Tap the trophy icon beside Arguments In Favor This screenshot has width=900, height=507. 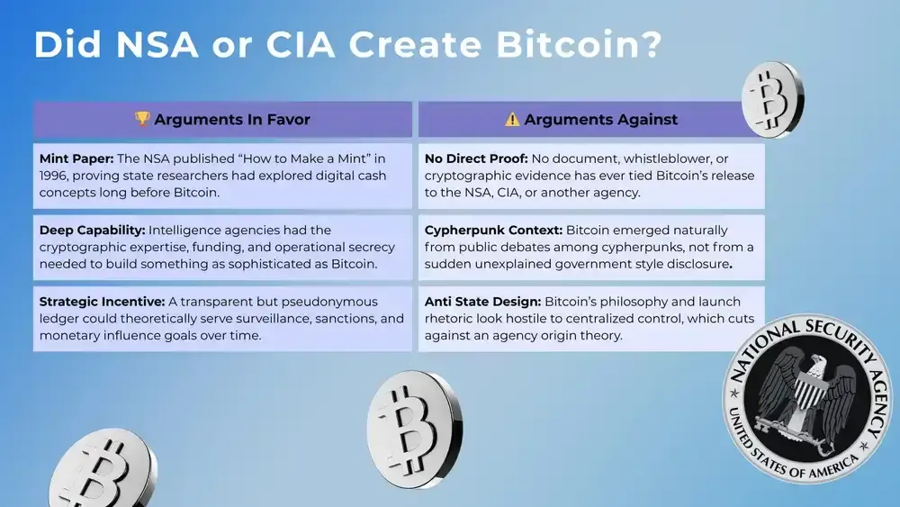[x=142, y=120]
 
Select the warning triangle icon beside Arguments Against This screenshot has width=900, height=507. [x=512, y=120]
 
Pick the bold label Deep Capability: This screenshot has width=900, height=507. [x=93, y=230]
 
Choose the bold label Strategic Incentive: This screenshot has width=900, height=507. [x=101, y=302]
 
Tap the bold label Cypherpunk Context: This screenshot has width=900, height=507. [x=493, y=230]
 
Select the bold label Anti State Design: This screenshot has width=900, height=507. [x=482, y=302]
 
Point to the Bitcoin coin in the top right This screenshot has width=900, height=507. [x=773, y=94]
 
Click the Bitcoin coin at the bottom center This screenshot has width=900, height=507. [x=413, y=423]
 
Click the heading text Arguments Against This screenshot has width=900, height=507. [x=601, y=120]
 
